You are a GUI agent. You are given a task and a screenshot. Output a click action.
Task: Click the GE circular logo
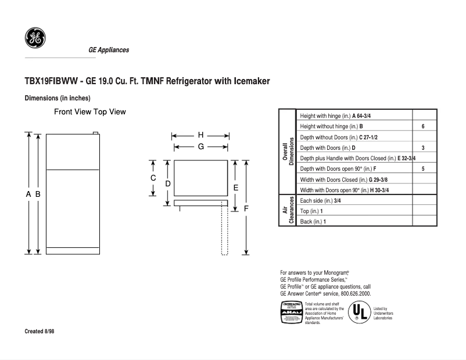[35, 38]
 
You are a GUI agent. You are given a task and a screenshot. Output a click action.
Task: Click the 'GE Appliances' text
[109, 51]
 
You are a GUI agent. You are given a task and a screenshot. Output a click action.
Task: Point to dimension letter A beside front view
[28, 195]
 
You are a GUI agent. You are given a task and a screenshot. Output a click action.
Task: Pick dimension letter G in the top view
[200, 147]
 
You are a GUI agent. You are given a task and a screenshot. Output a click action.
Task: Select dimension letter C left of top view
[153, 178]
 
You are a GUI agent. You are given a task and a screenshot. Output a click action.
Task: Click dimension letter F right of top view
[246, 208]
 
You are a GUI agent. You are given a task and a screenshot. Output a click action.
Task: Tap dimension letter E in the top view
[235, 188]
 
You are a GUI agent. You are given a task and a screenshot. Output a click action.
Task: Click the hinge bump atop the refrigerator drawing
[96, 133]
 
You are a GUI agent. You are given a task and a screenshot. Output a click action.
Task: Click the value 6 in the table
[423, 127]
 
